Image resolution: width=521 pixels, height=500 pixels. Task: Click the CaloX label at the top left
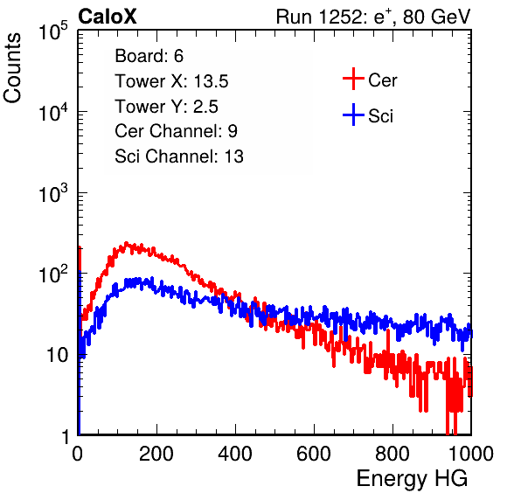pos(107,17)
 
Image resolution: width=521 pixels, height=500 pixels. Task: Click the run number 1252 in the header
pos(338,17)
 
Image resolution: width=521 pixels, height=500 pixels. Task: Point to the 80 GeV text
pos(436,17)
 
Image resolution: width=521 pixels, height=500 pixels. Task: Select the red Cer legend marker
pos(353,79)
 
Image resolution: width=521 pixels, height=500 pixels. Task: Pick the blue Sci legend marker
pos(353,115)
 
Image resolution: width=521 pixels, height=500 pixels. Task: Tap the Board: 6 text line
pos(149,56)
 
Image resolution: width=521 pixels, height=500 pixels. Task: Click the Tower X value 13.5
pos(211,81)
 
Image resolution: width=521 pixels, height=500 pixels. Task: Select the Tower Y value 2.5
pos(205,107)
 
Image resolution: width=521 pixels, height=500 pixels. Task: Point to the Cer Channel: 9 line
pos(176,131)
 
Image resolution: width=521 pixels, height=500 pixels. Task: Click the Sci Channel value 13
pos(234,156)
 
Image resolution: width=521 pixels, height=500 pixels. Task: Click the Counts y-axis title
pos(12,68)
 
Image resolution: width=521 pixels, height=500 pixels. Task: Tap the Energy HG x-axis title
pos(412,479)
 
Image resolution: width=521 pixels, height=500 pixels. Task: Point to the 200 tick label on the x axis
pos(156,454)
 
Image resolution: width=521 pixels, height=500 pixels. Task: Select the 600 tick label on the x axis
pos(314,454)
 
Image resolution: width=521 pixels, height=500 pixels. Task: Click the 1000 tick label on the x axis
pos(471,454)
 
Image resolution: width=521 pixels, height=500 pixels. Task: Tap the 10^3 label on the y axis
pos(53,193)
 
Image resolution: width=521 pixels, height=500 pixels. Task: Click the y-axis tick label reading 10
pos(58,355)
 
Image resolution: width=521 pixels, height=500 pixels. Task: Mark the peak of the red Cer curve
pos(126,243)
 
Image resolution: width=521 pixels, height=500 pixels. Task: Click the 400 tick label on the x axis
pos(235,454)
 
